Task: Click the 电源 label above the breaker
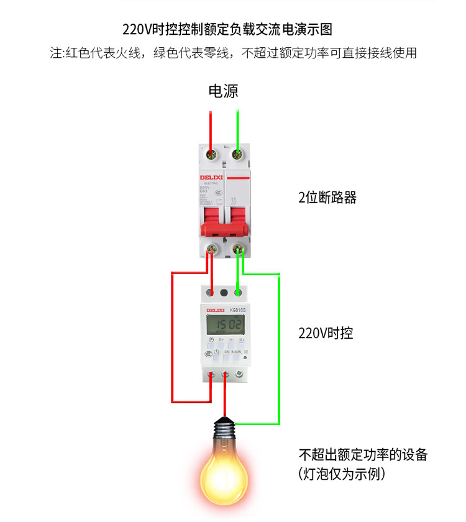pos(222,91)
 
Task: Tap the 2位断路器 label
pos(327,198)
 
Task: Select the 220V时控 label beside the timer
pos(326,333)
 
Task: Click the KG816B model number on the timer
pos(237,309)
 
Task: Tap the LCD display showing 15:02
pos(225,324)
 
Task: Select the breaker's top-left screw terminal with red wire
pos(211,153)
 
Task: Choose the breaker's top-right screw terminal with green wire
pos(237,153)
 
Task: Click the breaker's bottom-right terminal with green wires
pos(237,250)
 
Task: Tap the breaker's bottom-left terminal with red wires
pos(211,250)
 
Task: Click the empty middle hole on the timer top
pos(224,291)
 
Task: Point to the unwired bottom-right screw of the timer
pos(239,375)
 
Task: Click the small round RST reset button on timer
pos(246,357)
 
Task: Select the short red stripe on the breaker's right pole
pos(237,178)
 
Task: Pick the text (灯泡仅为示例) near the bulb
pos(342,475)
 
